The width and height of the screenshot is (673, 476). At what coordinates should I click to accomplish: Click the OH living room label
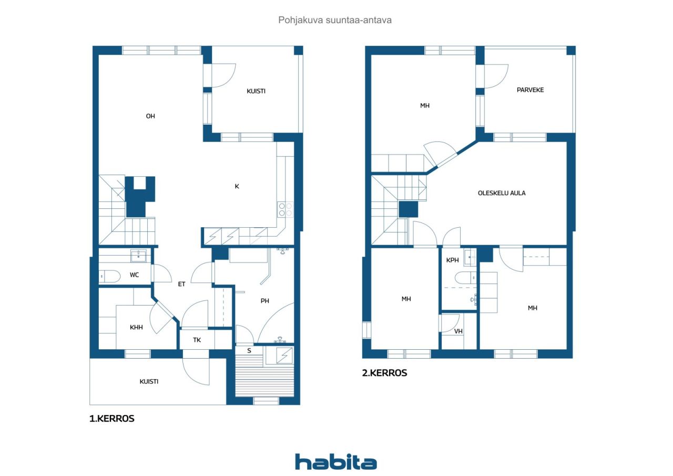coord(150,116)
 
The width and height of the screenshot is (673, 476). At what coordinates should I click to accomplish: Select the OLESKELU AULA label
coord(502,193)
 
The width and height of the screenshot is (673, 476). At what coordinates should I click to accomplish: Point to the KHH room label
coord(136,327)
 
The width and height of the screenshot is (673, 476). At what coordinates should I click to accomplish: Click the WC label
coord(134,275)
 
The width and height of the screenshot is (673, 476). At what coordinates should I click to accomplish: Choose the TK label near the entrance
coord(197,340)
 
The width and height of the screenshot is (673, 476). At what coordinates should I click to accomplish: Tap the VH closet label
coord(458,331)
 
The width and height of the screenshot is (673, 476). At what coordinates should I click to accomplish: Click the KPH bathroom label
coord(452,260)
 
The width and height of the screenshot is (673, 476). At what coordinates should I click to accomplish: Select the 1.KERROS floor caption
coord(112,419)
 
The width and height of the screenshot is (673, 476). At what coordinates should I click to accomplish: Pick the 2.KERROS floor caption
coord(384,373)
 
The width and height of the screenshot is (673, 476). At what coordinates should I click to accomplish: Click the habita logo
coord(336,462)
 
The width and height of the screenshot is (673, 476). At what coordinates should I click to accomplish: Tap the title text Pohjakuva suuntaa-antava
coord(335,20)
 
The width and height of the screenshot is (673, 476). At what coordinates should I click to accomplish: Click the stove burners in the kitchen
coord(285,209)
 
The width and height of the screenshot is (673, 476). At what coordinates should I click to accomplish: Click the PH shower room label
coord(264,301)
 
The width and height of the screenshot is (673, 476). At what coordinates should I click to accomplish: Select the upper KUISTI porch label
coord(256,91)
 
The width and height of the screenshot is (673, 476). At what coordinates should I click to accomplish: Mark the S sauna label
coord(249,350)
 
